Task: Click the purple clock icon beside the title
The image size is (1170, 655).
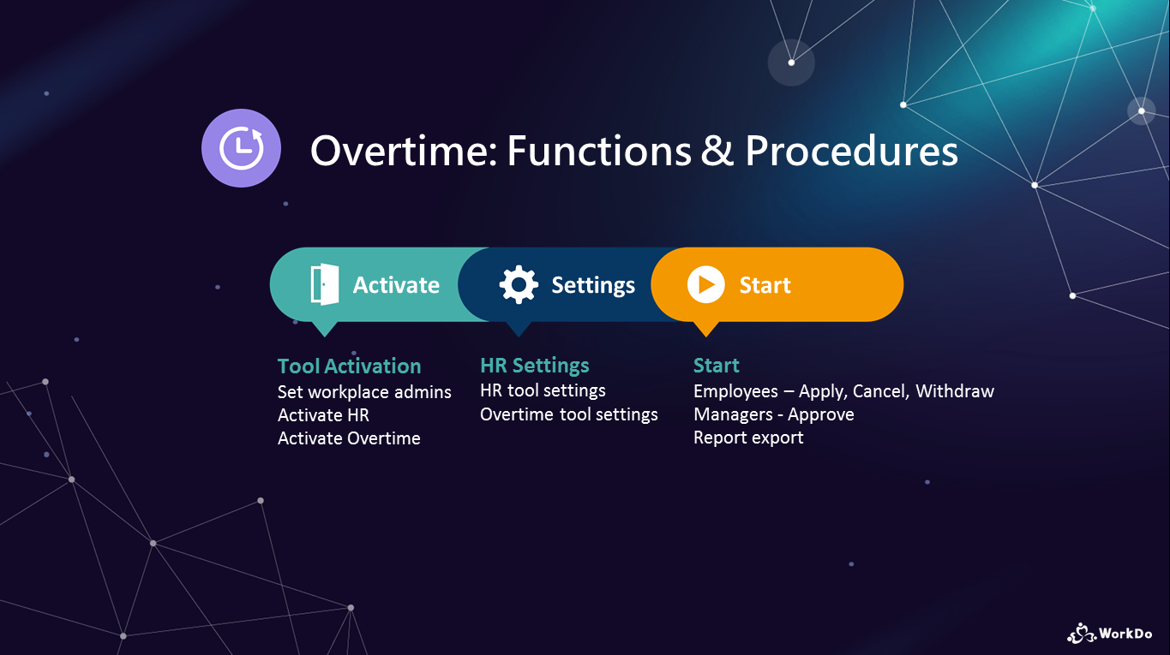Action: point(242,148)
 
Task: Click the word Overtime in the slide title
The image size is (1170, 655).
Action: point(404,151)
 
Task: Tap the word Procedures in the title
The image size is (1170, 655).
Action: point(851,151)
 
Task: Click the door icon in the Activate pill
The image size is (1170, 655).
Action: point(324,284)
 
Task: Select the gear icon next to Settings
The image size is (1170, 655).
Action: point(519,284)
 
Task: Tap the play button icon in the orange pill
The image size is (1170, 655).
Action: point(705,284)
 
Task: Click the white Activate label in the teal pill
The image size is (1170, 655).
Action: point(397,285)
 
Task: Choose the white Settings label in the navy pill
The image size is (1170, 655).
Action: point(593,286)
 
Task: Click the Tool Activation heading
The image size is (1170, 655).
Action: point(350,366)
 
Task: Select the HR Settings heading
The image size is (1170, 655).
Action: point(534,366)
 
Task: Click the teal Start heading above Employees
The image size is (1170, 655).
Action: point(716,366)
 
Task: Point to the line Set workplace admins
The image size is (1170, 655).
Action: point(364,392)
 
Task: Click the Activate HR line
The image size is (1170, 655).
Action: point(323,415)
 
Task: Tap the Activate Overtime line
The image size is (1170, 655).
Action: point(349,438)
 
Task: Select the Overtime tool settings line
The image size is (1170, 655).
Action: point(569,414)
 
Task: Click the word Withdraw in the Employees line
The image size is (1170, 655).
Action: point(955,391)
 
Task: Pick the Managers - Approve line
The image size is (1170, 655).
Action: point(773,414)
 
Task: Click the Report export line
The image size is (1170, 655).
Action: point(748,438)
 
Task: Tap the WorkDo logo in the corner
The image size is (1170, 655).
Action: point(1109,634)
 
